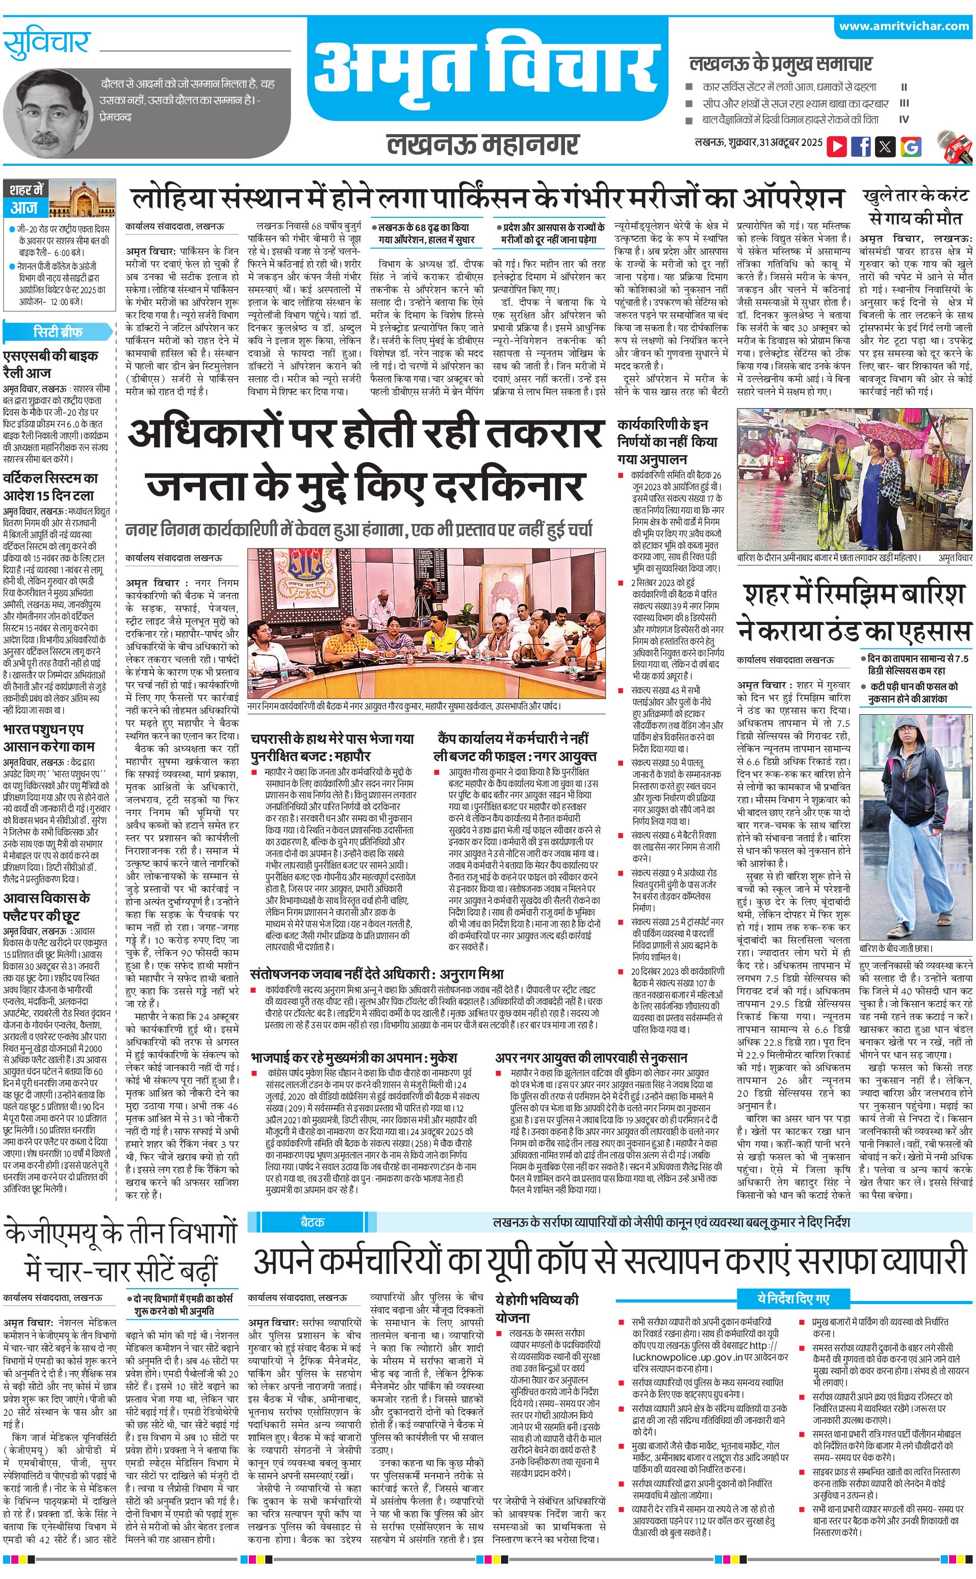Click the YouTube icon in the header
(x=837, y=146)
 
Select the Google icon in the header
(x=911, y=146)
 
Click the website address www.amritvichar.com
(x=904, y=26)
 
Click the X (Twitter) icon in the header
(x=886, y=146)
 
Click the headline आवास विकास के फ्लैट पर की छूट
(x=46, y=906)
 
